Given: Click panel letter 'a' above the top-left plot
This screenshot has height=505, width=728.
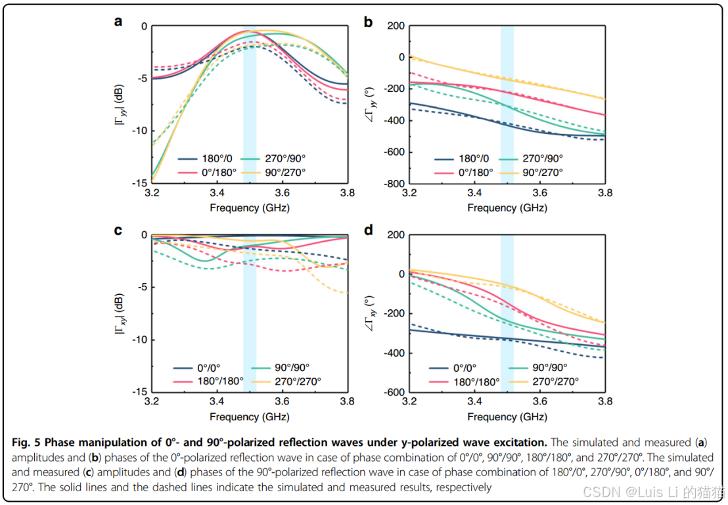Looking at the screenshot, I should click(x=118, y=21).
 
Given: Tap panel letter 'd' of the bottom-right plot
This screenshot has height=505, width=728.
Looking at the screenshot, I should click(x=369, y=230).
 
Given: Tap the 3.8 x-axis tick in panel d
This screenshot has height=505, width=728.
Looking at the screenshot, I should click(x=604, y=403).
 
